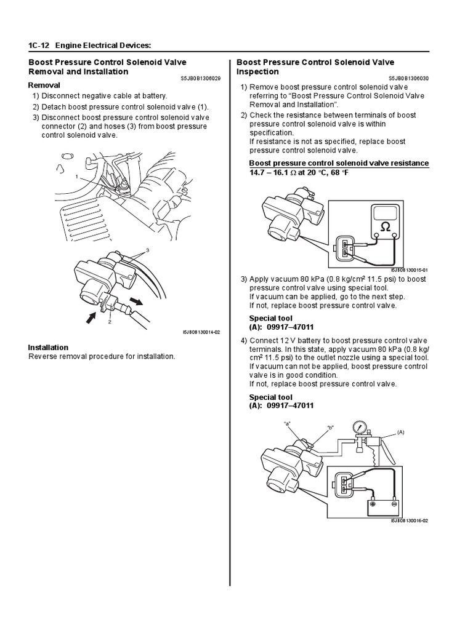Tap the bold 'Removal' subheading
pos(44,86)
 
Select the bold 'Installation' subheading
pos(48,347)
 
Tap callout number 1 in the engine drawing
pos(77,177)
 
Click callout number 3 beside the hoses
pos(147,251)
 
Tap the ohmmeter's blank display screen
pos(384,212)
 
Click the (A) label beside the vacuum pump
pos(402,432)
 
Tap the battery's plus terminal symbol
pos(374,504)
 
